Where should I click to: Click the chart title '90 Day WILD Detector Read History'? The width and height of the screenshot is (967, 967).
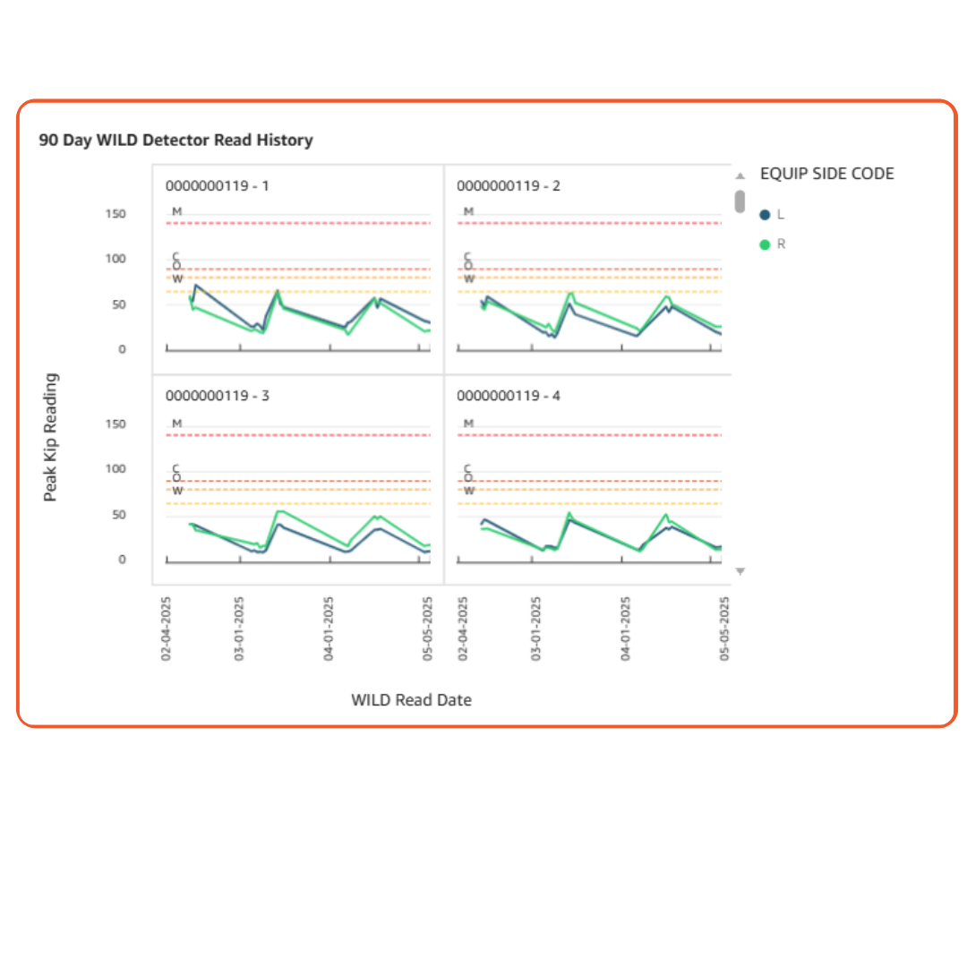click(175, 141)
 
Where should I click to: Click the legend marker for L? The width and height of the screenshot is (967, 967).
click(765, 215)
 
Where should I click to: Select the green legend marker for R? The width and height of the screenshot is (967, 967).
click(765, 244)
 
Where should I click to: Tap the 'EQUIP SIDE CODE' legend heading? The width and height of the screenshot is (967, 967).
click(826, 174)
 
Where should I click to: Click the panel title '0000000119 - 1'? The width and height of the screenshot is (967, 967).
click(217, 186)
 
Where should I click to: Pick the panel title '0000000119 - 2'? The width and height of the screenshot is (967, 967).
click(509, 186)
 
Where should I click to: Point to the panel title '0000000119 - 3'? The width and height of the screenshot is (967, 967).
click(217, 396)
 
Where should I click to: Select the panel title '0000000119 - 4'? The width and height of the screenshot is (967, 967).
click(509, 396)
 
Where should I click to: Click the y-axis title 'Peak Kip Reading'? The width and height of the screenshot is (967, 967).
click(50, 437)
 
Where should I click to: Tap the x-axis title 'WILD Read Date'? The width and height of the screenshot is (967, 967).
click(411, 700)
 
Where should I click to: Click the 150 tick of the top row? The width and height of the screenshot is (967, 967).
click(116, 214)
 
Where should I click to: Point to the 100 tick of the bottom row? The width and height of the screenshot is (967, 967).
click(116, 469)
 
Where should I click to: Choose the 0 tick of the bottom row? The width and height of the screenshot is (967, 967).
click(122, 560)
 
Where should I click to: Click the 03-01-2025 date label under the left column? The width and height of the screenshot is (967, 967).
click(239, 629)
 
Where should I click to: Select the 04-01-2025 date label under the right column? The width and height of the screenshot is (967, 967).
click(626, 629)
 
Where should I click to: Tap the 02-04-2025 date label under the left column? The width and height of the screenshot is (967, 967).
click(167, 629)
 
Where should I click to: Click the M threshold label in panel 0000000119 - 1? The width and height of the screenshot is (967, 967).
click(177, 212)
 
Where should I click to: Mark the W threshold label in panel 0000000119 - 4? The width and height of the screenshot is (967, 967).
click(468, 491)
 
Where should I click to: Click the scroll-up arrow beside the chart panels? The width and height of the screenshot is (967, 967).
click(740, 176)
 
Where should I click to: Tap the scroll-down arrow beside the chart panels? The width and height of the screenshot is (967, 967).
click(740, 571)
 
